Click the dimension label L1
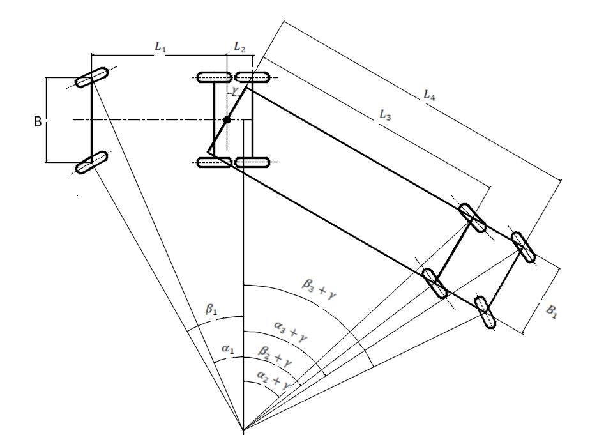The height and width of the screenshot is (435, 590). pyautogui.click(x=160, y=47)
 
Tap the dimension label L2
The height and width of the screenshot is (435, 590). pyautogui.click(x=239, y=47)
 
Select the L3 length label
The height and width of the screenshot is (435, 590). pyautogui.click(x=385, y=115)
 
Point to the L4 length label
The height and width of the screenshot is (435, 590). pyautogui.click(x=429, y=95)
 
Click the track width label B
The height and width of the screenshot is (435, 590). pyautogui.click(x=38, y=121)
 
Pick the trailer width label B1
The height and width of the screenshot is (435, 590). pyautogui.click(x=551, y=311)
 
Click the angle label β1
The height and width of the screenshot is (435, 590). pyautogui.click(x=211, y=309)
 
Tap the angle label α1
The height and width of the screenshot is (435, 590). pyautogui.click(x=228, y=349)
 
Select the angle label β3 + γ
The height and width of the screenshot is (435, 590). pyautogui.click(x=319, y=289)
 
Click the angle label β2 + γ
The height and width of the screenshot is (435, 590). pyautogui.click(x=275, y=356)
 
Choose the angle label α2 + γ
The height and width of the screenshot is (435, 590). pyautogui.click(x=273, y=380)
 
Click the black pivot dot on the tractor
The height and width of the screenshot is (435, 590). pyautogui.click(x=227, y=120)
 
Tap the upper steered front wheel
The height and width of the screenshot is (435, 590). pyautogui.click(x=91, y=77)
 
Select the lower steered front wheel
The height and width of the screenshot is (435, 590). pyautogui.click(x=92, y=162)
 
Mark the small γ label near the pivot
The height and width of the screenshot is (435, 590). pyautogui.click(x=236, y=91)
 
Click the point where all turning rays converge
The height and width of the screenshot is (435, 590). pyautogui.click(x=244, y=429)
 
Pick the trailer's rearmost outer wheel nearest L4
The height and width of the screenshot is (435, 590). pyautogui.click(x=523, y=247)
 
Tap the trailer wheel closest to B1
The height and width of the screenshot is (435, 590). pyautogui.click(x=485, y=312)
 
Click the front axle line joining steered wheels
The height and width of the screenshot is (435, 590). pyautogui.click(x=91, y=120)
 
